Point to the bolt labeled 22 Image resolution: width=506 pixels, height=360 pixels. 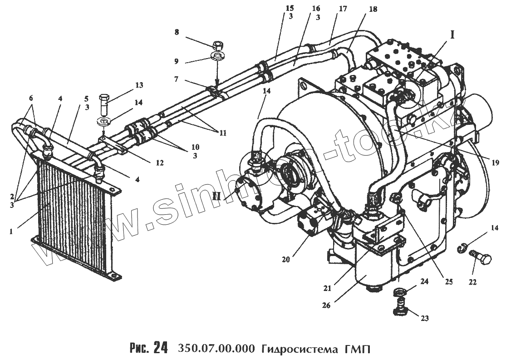click(476, 259)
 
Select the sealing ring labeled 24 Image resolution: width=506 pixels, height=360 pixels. click(400, 291)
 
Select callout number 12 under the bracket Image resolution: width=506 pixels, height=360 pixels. click(159, 162)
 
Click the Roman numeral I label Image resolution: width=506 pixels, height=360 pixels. click(452, 34)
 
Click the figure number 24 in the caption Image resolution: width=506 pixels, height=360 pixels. click(161, 349)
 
